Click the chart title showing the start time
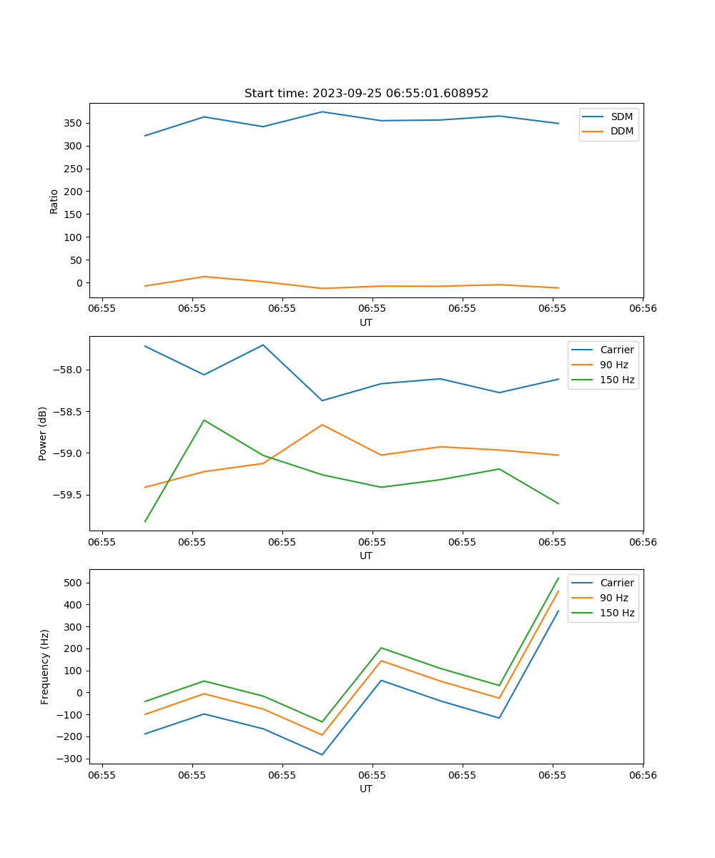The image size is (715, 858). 366,94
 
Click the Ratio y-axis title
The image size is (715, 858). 54,201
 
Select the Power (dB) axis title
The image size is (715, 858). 43,433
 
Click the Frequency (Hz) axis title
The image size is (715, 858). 44,666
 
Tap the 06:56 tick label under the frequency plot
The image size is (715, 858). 642,774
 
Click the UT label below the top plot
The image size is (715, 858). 366,322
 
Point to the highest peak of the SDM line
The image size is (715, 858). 322,112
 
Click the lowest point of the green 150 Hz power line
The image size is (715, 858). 145,521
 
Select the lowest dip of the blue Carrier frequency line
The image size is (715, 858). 322,754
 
